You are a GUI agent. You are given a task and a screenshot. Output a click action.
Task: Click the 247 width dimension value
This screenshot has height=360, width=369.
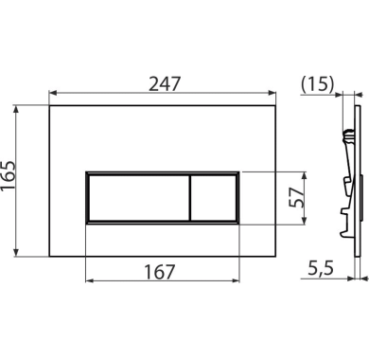(x=165, y=83)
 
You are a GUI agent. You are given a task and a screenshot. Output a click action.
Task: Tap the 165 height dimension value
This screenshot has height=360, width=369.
(x=8, y=175)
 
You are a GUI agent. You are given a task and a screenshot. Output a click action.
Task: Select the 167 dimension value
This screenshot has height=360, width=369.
(x=159, y=272)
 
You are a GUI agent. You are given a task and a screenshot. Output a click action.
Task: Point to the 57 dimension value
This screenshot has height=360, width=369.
(x=296, y=197)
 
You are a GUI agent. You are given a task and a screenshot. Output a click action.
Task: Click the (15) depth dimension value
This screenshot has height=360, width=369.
(x=317, y=84)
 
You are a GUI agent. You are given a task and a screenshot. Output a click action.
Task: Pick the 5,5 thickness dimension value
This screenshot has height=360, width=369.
(x=321, y=268)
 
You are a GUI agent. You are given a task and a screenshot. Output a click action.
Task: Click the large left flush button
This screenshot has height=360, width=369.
(x=139, y=198)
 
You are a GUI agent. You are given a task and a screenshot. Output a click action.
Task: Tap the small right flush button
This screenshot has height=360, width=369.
(x=214, y=198)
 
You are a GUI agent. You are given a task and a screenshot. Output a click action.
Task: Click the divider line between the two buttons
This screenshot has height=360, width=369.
(x=190, y=198)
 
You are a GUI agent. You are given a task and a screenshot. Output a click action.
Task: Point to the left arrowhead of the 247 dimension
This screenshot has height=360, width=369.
(x=53, y=93)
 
